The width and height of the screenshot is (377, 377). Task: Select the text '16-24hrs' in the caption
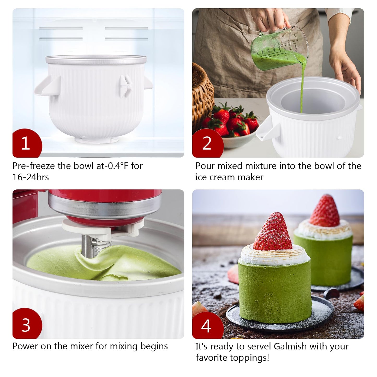tap(31, 177)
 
